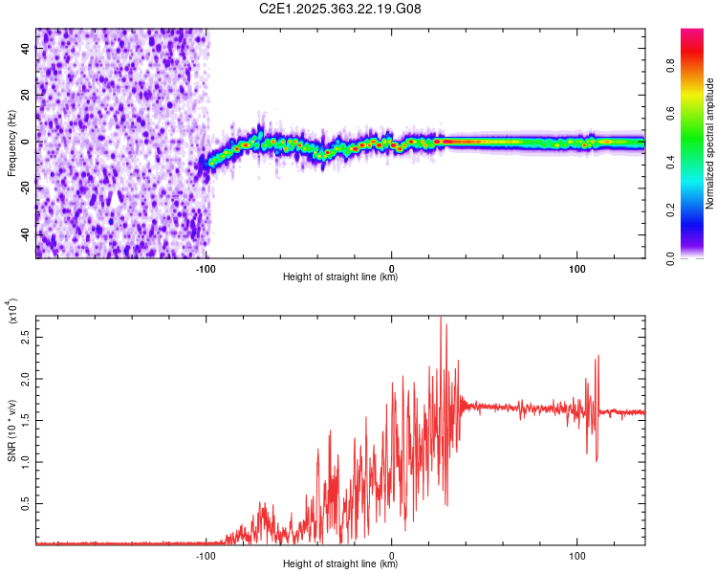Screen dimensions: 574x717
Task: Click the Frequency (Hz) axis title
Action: [11, 143]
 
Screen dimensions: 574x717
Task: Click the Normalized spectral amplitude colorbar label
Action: [710, 143]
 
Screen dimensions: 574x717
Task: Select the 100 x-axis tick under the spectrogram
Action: [577, 269]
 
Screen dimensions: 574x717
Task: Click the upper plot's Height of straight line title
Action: [340, 278]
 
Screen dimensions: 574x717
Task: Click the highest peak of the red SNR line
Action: [441, 318]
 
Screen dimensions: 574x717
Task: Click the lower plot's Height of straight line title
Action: [340, 564]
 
